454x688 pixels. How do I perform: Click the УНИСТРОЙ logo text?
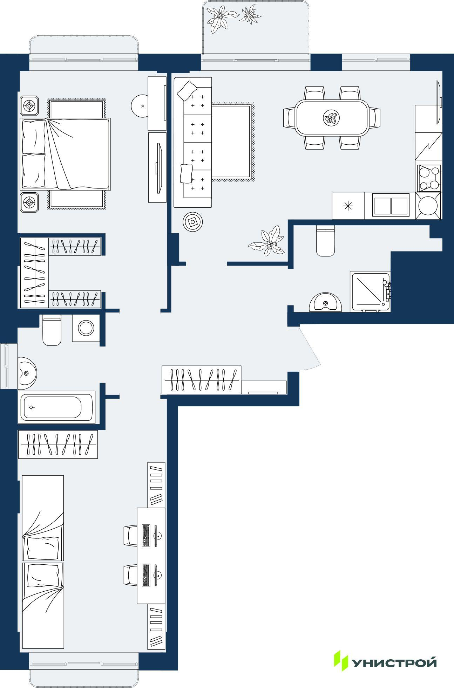click(394, 663)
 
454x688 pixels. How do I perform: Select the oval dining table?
click(332, 118)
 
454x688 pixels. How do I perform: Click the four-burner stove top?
click(428, 178)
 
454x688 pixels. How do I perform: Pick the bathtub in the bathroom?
click(56, 407)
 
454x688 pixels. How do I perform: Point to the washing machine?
click(86, 328)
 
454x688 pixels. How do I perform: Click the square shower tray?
click(370, 292)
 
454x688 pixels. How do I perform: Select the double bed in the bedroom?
click(66, 154)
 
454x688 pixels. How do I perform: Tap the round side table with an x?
click(142, 106)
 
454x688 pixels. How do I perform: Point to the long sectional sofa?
click(193, 142)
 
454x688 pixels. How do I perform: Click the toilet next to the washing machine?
click(52, 330)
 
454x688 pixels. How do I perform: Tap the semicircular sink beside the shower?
click(326, 302)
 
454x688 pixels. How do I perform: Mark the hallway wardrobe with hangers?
click(202, 380)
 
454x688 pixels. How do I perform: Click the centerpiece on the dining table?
click(332, 118)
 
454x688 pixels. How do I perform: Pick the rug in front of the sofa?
click(232, 142)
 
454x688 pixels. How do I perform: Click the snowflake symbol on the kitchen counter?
click(348, 206)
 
